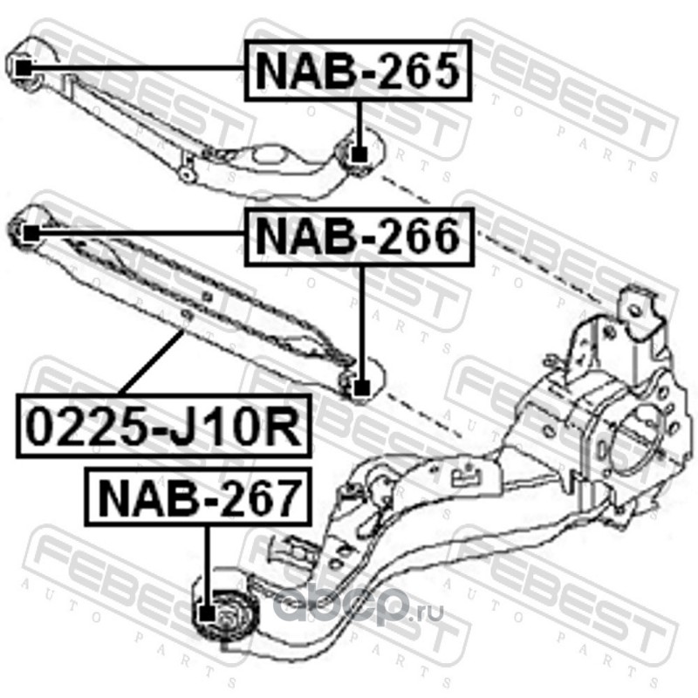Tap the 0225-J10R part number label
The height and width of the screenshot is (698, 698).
pos(162,427)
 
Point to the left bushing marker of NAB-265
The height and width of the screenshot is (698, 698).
pos(24,66)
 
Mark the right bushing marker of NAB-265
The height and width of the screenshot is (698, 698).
pos(358,154)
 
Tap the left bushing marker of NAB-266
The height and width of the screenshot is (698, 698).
pos(29,233)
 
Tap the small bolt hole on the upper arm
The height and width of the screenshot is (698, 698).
pos(185,174)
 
